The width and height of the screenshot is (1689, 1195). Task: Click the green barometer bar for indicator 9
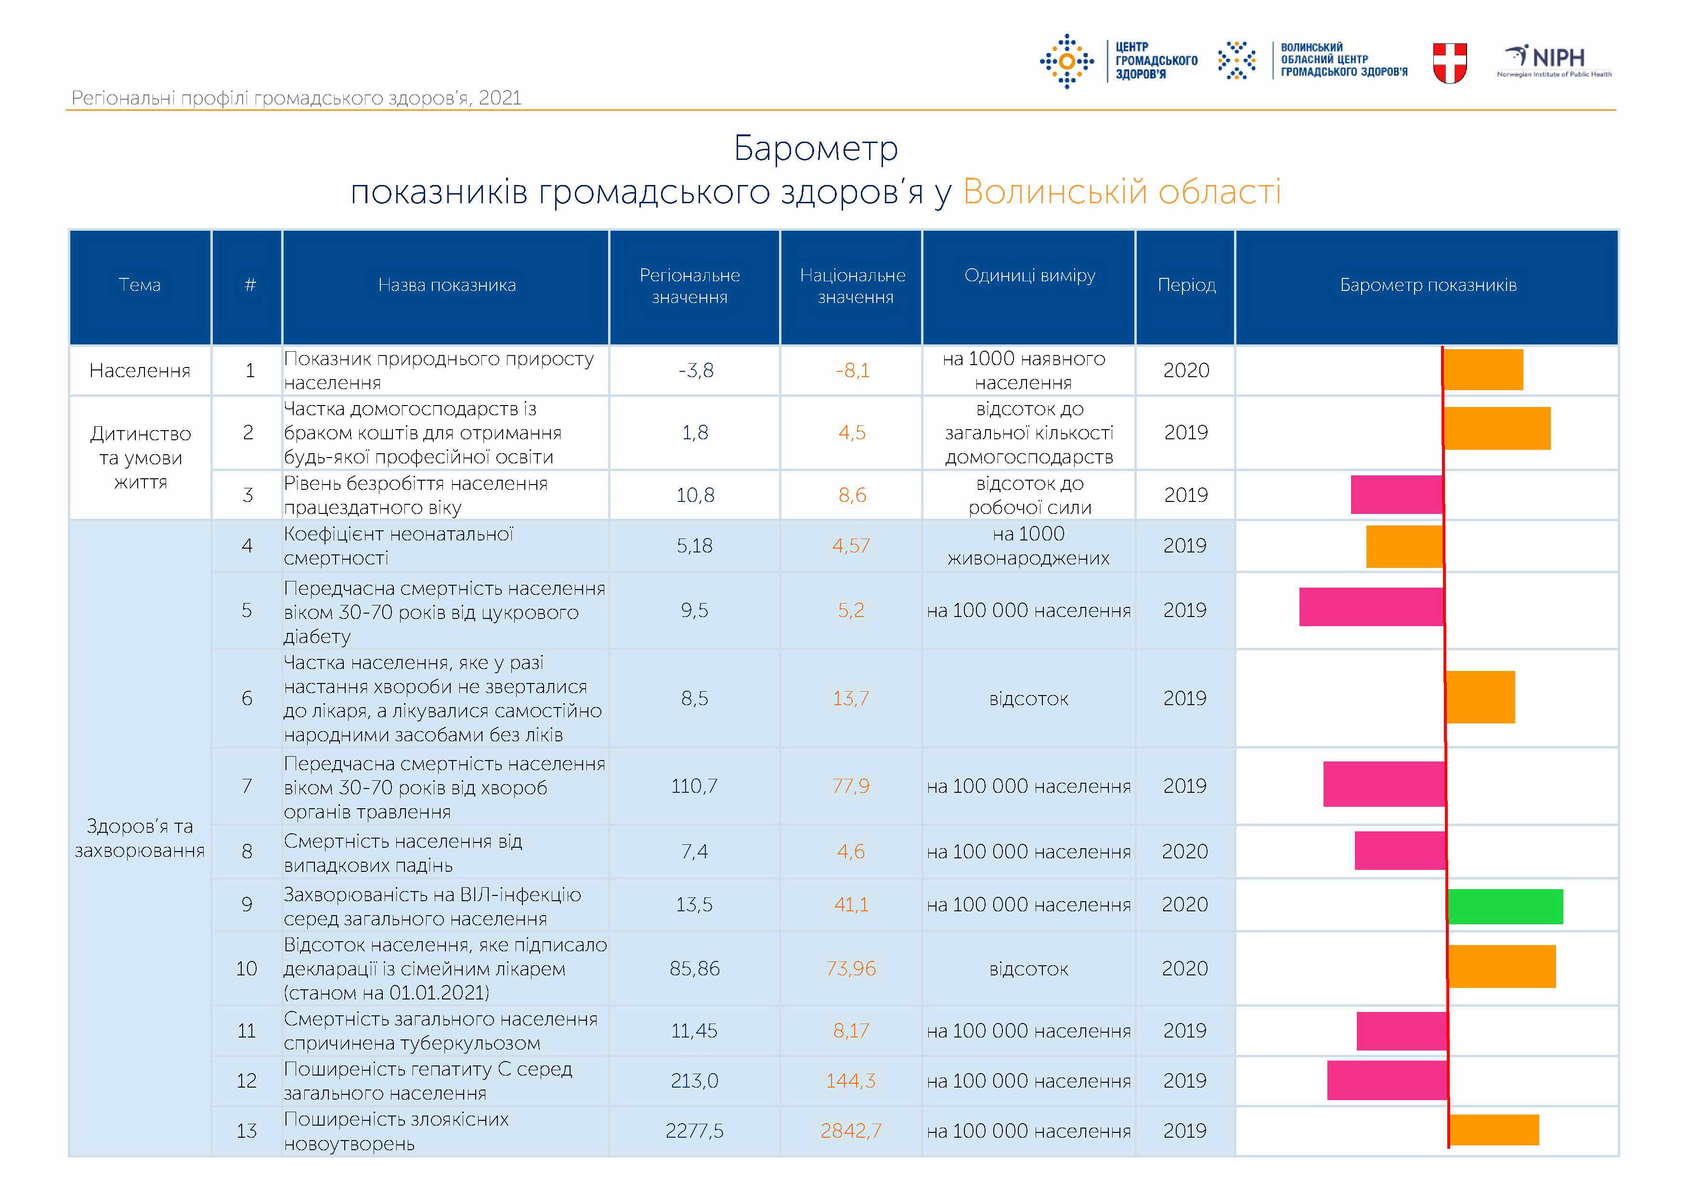click(x=1505, y=906)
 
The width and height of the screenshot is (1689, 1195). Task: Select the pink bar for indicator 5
click(x=1371, y=606)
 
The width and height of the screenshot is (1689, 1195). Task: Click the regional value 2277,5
click(x=694, y=1130)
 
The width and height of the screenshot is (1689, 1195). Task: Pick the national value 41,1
click(x=851, y=905)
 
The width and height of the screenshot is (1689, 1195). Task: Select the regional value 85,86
click(x=694, y=968)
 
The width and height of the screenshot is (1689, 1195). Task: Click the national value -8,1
click(x=853, y=370)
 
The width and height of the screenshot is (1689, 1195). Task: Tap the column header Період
click(x=1186, y=285)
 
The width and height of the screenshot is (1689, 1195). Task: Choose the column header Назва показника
click(x=446, y=285)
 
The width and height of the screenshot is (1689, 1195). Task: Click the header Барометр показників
click(x=1428, y=285)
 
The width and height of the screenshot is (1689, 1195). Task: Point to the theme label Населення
click(x=140, y=370)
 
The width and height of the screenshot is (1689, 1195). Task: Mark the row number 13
click(x=247, y=1130)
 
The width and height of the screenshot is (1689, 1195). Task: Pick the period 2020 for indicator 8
click(x=1184, y=852)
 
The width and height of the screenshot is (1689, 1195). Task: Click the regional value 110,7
click(x=694, y=786)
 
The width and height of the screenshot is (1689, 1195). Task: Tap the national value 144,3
click(x=851, y=1080)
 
